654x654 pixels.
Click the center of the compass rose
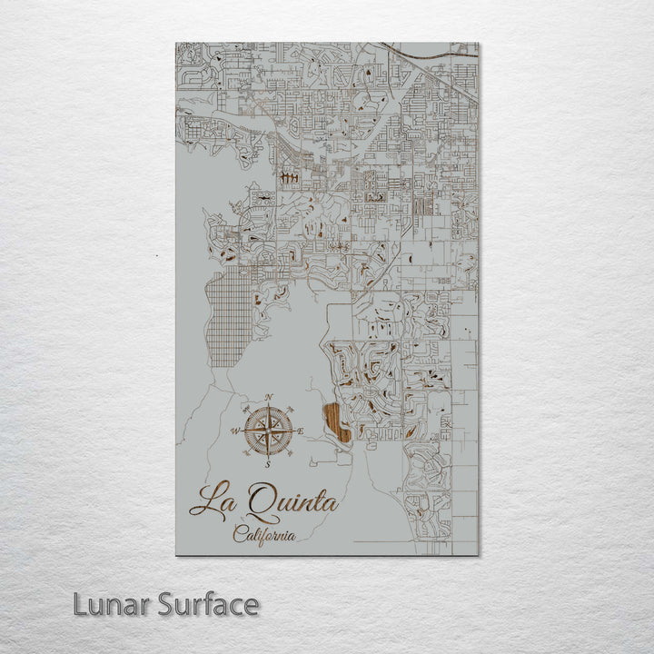point(267,431)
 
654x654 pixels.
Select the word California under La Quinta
point(264,535)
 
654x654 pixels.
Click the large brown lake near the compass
point(336,421)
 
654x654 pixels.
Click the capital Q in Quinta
point(258,502)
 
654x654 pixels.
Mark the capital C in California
point(239,533)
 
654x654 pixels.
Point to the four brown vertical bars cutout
point(290,178)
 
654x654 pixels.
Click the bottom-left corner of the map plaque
point(175,553)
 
